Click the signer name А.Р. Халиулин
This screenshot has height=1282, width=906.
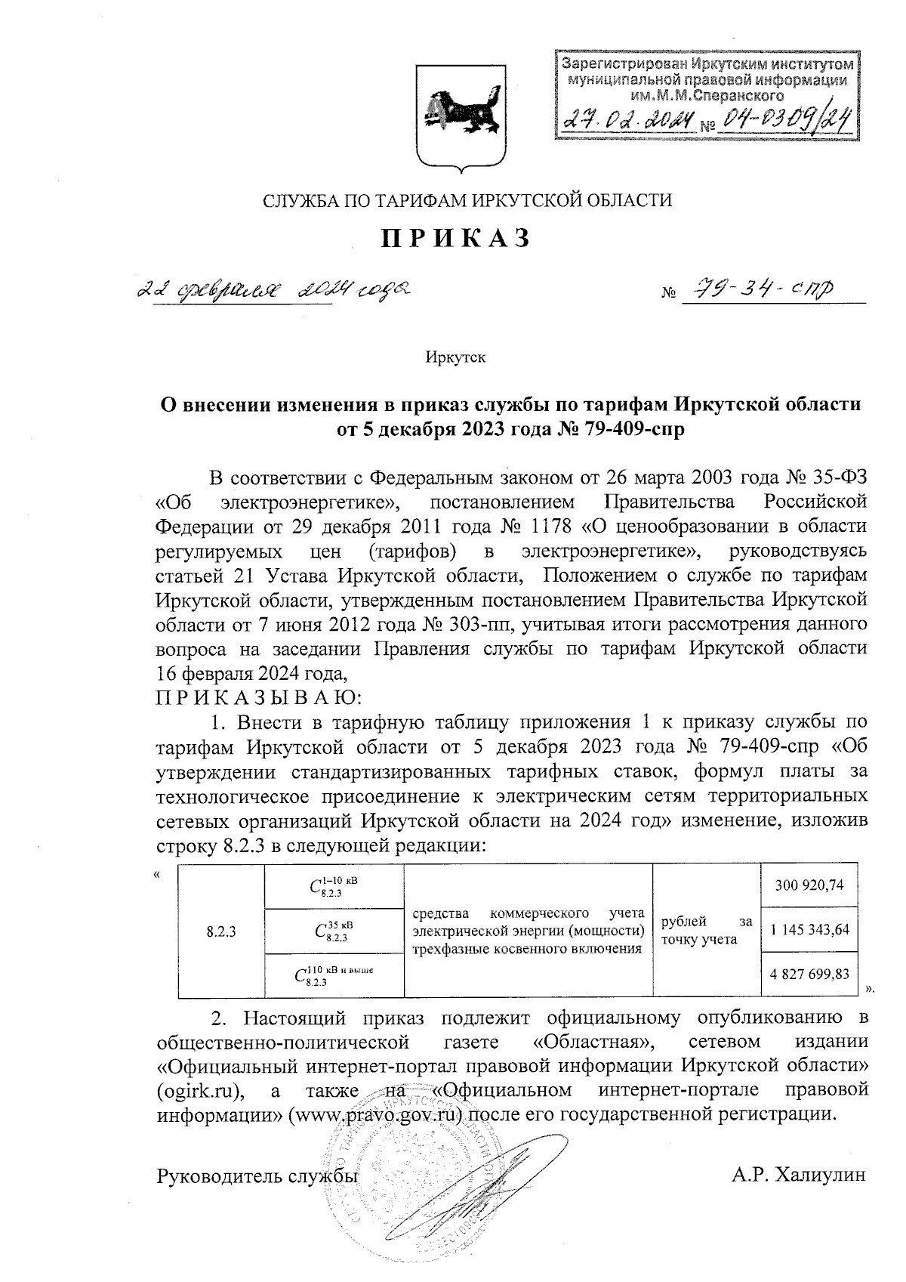[797, 1175]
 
